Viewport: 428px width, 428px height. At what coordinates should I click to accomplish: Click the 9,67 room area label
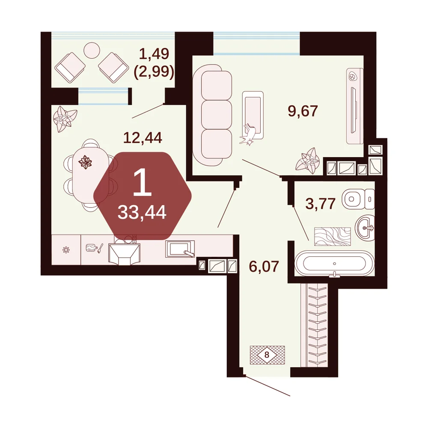[x=303, y=111]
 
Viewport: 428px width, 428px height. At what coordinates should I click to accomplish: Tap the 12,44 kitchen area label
[x=143, y=137]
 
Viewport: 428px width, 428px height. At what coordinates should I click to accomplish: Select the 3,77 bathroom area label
[x=321, y=204]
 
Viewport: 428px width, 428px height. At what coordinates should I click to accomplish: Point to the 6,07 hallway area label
[x=264, y=266]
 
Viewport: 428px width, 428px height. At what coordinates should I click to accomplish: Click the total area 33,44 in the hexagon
[x=142, y=212]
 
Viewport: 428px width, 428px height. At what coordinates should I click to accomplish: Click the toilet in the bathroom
[x=358, y=199]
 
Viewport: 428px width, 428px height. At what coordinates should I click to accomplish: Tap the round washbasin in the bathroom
[x=365, y=227]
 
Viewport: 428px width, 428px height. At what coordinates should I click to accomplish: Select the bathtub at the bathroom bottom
[x=334, y=263]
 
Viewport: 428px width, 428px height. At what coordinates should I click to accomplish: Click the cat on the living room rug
[x=248, y=134]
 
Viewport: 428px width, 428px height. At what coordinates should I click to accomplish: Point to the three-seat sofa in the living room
[x=213, y=115]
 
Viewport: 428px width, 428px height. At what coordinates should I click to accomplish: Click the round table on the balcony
[x=92, y=50]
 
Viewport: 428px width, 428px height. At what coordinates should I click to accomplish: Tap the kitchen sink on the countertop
[x=180, y=249]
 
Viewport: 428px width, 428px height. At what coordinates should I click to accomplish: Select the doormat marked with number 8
[x=267, y=355]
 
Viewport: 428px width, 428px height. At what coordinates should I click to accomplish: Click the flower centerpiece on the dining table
[x=85, y=162]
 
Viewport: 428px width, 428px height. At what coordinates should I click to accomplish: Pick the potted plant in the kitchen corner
[x=65, y=119]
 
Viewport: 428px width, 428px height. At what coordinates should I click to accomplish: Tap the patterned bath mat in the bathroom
[x=332, y=236]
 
